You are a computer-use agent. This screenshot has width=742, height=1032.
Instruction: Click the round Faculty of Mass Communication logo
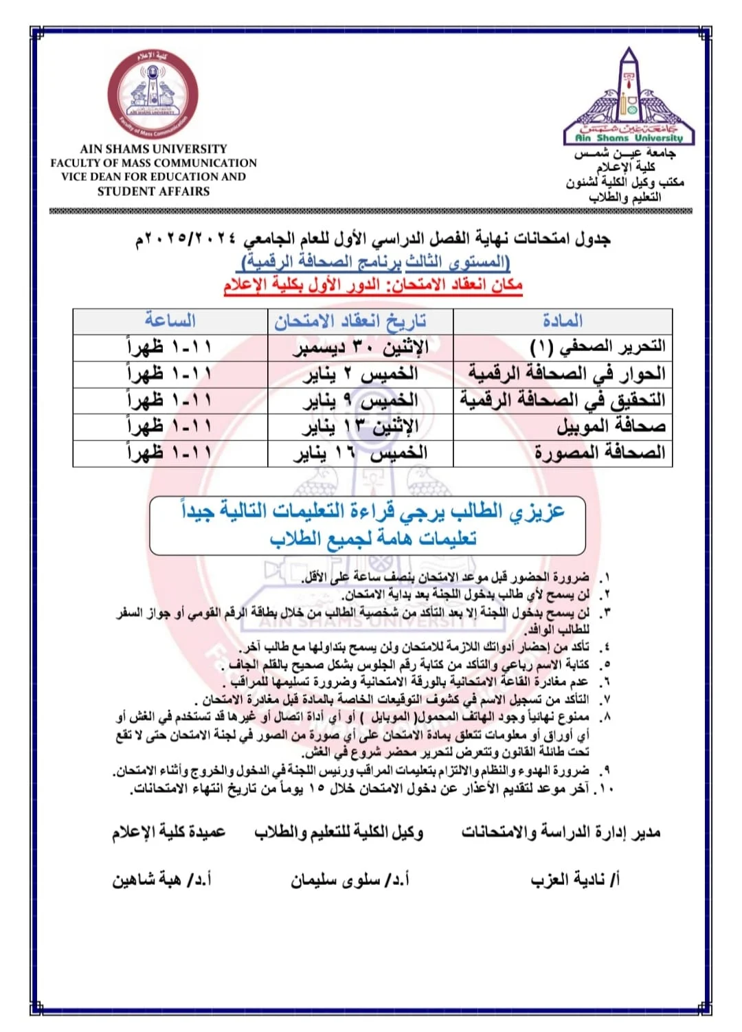(153, 93)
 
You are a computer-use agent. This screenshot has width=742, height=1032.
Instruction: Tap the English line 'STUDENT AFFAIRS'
(153, 192)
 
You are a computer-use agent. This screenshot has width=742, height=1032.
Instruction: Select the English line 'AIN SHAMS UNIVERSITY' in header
(153, 148)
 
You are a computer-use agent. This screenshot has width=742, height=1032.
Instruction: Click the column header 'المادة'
(562, 321)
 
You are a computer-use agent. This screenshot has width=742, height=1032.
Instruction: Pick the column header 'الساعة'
(170, 321)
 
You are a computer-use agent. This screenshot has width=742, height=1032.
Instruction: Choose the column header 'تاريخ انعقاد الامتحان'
(350, 321)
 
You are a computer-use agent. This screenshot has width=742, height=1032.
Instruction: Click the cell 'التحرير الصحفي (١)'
(598, 347)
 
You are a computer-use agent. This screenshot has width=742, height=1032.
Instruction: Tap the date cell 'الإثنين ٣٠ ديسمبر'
(361, 348)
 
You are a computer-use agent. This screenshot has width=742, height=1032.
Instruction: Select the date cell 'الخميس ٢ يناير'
(361, 374)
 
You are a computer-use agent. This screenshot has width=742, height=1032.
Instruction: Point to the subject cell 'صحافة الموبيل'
(611, 427)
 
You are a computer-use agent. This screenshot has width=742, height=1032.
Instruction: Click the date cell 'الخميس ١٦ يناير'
(361, 453)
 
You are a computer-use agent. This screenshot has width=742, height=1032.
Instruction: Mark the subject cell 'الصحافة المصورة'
(600, 453)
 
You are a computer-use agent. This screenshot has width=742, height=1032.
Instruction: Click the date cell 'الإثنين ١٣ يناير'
(361, 427)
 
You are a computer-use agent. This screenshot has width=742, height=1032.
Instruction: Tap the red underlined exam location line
(373, 284)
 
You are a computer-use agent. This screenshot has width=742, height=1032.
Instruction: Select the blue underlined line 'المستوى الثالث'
(376, 262)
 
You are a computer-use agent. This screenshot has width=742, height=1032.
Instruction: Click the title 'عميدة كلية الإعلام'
(169, 832)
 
